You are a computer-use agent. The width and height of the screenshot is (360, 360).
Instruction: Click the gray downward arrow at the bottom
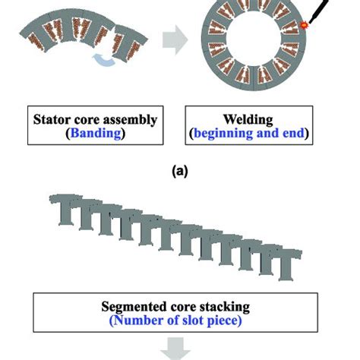tap(179, 350)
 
